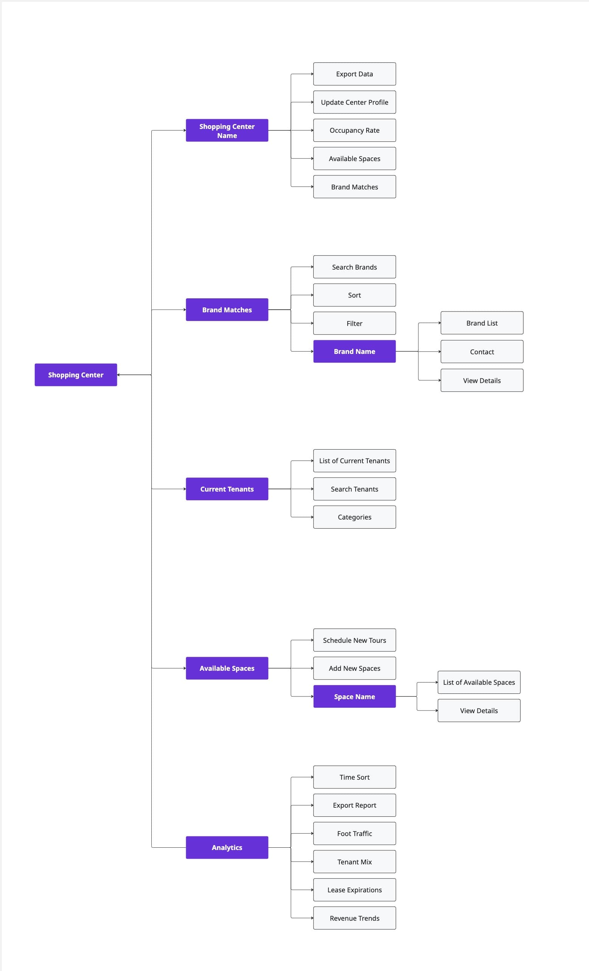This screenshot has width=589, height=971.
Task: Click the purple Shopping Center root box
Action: point(76,374)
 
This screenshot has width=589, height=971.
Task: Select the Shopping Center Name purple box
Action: point(227,130)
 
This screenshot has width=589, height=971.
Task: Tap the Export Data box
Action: point(354,74)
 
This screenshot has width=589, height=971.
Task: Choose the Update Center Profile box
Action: point(354,102)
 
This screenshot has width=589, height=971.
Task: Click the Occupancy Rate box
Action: point(354,130)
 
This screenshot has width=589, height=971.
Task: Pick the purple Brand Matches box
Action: point(227,310)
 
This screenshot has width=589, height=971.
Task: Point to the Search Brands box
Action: point(354,267)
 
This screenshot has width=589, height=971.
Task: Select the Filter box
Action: point(354,323)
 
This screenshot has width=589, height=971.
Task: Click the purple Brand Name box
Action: point(354,351)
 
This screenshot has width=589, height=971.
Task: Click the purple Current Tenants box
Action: point(227,489)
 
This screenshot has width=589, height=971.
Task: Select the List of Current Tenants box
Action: point(354,461)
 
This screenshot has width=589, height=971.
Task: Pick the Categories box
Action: point(354,517)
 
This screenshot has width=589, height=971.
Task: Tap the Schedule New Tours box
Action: point(354,640)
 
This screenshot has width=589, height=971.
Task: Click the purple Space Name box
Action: point(354,696)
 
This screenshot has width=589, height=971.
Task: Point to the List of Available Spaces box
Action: point(479,682)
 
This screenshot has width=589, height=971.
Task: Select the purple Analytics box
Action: point(227,847)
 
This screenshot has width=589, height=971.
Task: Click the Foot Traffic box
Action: point(354,833)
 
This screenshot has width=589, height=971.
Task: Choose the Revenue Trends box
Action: point(354,918)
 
